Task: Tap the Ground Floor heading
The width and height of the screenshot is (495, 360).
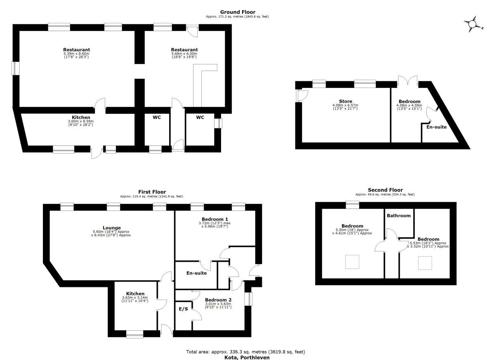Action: point(238,12)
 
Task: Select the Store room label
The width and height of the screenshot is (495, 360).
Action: point(346,102)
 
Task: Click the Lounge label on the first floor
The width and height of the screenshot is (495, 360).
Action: point(112,227)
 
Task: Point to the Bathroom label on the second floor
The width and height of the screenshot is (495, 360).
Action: point(398,216)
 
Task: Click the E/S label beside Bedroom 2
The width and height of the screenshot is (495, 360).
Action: point(184,309)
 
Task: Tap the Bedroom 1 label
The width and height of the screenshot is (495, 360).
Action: point(215,219)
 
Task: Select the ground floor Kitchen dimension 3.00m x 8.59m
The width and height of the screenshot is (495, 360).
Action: point(81,121)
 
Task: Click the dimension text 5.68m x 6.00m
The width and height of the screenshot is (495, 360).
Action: point(184,54)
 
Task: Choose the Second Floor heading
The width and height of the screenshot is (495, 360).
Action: point(385,190)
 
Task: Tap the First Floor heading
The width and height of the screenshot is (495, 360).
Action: point(152,192)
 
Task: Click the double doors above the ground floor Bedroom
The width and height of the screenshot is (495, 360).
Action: point(408,81)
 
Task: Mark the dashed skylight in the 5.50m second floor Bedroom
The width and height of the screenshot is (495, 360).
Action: point(352,262)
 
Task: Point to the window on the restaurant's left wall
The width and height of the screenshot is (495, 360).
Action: point(16,69)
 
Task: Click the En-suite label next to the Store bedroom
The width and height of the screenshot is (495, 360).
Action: point(436,127)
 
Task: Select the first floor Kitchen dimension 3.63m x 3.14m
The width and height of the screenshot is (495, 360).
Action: point(135,297)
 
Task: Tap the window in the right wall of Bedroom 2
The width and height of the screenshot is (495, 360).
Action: point(249,299)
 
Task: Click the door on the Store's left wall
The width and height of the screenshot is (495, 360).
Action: point(302,96)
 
